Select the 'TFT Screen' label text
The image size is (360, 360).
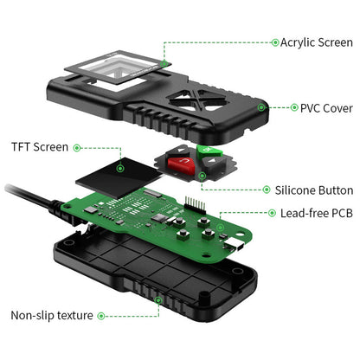40,148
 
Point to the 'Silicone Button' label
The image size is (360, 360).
312,190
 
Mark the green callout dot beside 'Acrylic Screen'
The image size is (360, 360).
274,42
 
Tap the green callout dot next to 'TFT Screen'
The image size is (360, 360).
77,148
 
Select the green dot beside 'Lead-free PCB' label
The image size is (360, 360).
266,213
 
